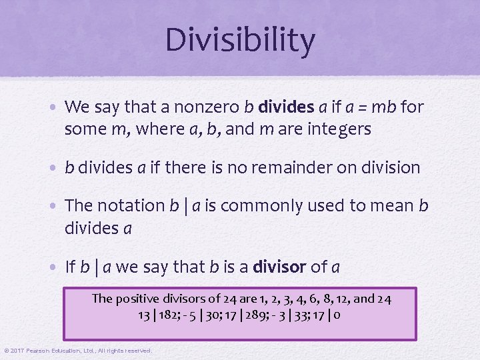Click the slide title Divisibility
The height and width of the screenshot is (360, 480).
point(240,41)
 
